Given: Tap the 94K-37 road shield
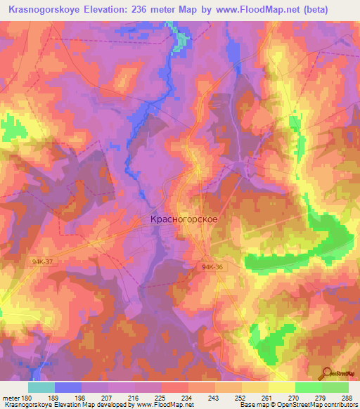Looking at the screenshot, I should coord(41,260).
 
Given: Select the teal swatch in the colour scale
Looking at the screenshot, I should coord(41,387).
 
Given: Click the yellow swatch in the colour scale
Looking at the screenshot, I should coord(282,387).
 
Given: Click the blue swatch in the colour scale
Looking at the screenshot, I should coord(68,387).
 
